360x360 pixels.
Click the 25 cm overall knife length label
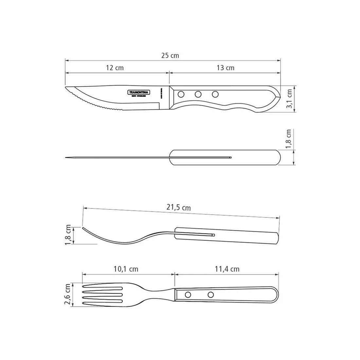pos(170,55)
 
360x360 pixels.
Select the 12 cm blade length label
pos(115,68)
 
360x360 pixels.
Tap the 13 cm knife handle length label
pos(225,68)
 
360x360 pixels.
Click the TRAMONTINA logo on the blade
pos(138,92)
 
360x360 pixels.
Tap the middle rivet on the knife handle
pos(198,95)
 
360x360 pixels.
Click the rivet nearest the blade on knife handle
pos(180,95)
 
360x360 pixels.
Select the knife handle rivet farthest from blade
pos(215,95)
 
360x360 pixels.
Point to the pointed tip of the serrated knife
pos(66,87)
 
